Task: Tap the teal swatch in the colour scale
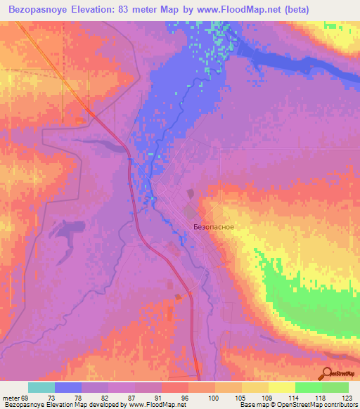[x=41, y=387]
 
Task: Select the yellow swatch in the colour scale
[x=282, y=387]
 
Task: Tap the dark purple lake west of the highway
[x=67, y=230]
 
